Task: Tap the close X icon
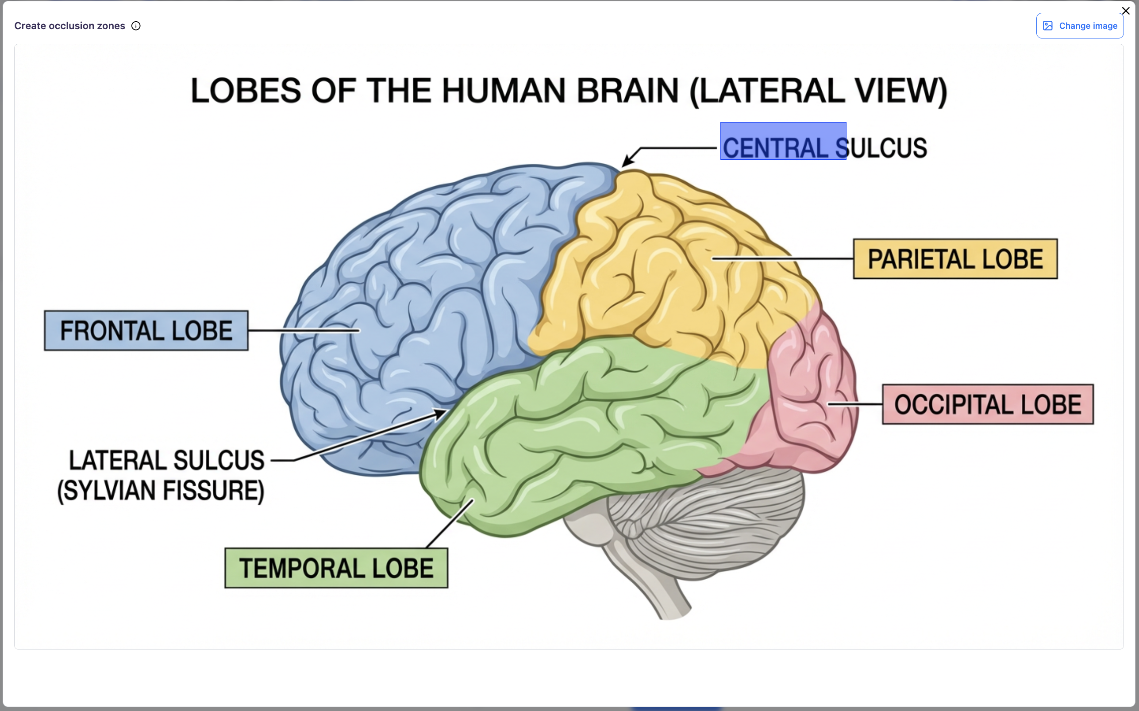tap(1125, 11)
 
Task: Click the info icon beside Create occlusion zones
tap(136, 26)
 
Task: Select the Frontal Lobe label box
tap(146, 331)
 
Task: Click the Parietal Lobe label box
tap(955, 259)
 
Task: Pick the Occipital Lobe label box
tap(988, 404)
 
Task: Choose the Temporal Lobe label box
tap(336, 568)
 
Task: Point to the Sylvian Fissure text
tap(161, 491)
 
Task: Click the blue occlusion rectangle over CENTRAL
tap(783, 141)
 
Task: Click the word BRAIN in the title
tap(627, 91)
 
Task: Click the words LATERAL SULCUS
tap(166, 461)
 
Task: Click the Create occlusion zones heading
tap(69, 26)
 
